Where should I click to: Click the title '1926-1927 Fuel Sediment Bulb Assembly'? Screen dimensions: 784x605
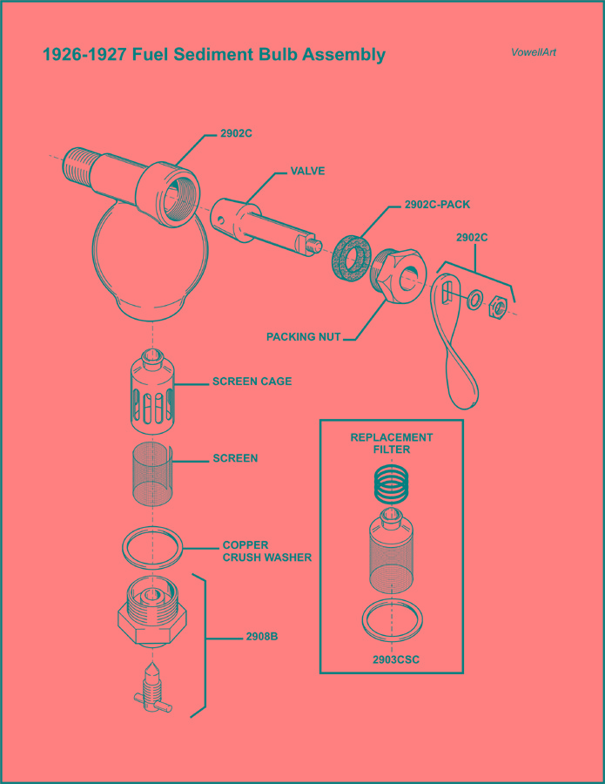pos(213,55)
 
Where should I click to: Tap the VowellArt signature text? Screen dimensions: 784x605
pos(534,52)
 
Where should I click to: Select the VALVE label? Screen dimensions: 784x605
pos(307,172)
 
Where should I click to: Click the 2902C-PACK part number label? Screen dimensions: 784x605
pos(437,206)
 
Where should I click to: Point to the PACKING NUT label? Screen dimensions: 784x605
pos(303,336)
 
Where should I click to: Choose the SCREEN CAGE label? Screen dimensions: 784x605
pos(252,382)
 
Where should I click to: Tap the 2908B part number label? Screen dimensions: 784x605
pos(261,637)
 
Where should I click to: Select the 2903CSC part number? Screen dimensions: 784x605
pos(396,659)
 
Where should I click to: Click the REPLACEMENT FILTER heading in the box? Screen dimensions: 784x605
pos(392,443)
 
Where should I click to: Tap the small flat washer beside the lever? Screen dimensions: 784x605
pos(475,300)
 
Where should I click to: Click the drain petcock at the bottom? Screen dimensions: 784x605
pos(151,689)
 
